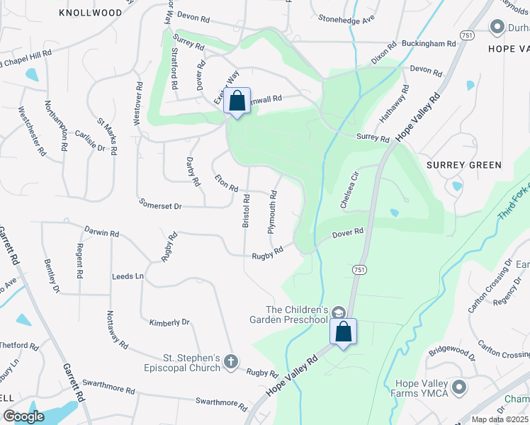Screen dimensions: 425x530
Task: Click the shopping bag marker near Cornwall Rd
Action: [237, 101]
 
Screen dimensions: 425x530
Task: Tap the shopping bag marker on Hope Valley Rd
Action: [343, 332]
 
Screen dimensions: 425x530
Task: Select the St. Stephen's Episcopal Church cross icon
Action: [230, 362]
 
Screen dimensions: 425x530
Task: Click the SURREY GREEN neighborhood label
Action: [464, 165]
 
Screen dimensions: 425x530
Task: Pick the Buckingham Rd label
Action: [432, 44]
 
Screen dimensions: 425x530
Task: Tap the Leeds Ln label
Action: [128, 276]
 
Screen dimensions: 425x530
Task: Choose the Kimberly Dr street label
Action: [169, 323]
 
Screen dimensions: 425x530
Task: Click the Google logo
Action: [24, 416]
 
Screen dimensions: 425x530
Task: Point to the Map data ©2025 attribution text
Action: [500, 419]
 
